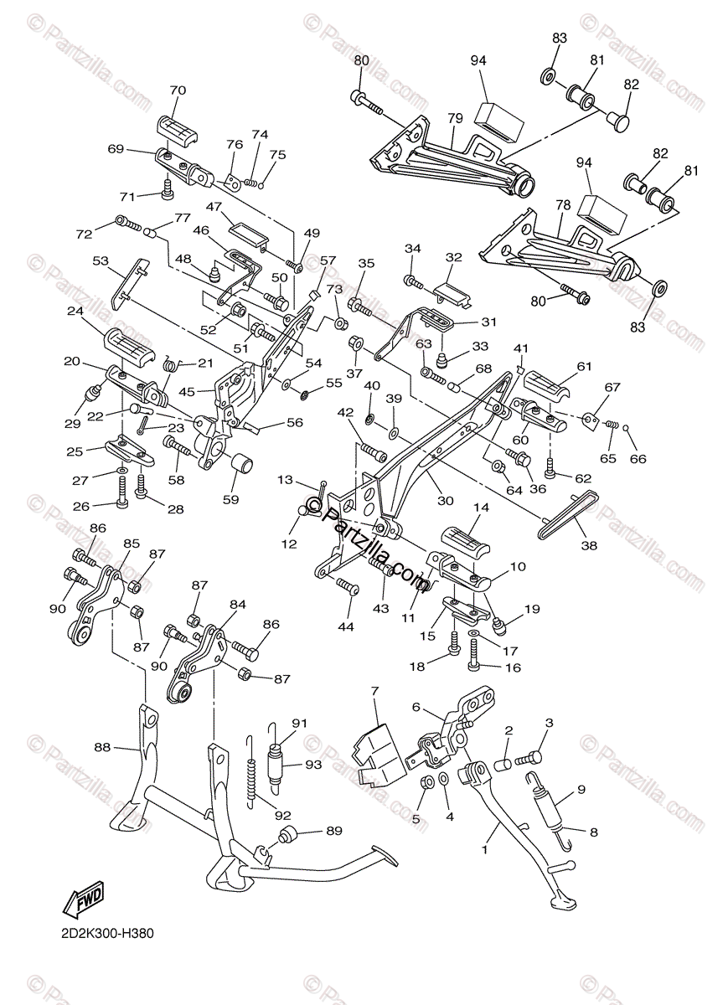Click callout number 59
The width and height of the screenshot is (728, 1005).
(230, 500)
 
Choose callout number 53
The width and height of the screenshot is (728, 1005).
(101, 261)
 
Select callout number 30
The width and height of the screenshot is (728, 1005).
(445, 501)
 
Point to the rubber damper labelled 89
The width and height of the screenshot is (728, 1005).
(287, 835)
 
